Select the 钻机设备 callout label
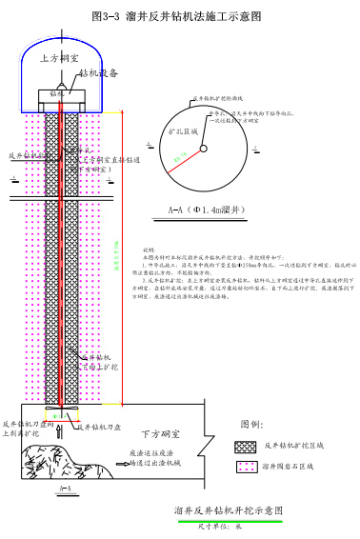click(99, 72)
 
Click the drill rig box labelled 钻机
click(57, 94)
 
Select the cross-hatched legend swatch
click(245, 446)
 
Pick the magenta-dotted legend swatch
click(245, 466)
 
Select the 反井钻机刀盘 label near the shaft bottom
click(99, 428)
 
